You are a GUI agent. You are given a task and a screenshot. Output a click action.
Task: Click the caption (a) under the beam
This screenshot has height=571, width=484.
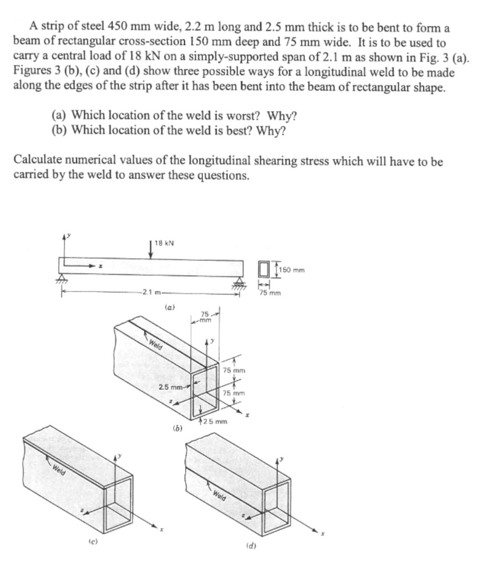point(168,307)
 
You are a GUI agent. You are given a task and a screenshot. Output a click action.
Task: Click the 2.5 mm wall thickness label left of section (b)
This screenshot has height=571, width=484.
point(171,387)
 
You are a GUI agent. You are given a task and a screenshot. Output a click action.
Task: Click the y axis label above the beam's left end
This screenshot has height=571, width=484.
point(69,236)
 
